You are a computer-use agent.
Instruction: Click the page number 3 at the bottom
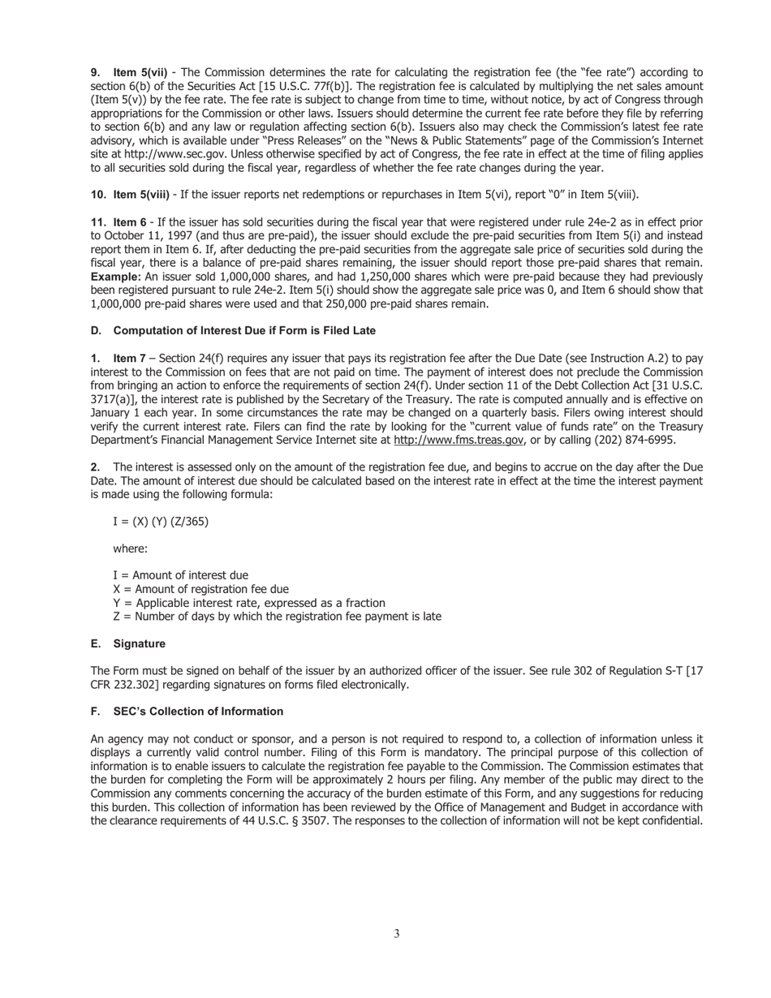397,934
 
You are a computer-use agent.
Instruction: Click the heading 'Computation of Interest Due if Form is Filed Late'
244,330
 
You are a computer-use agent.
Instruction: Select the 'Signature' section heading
139,643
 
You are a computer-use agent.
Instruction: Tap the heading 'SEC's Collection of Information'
198,712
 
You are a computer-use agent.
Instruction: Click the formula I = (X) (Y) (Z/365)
161,521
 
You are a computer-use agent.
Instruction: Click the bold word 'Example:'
116,277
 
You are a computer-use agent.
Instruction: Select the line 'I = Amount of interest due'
180,575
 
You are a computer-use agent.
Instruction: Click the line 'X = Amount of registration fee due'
200,589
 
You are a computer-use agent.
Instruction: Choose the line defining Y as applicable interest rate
249,603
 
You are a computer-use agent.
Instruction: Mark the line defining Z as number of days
277,617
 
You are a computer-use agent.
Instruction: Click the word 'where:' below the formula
130,548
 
